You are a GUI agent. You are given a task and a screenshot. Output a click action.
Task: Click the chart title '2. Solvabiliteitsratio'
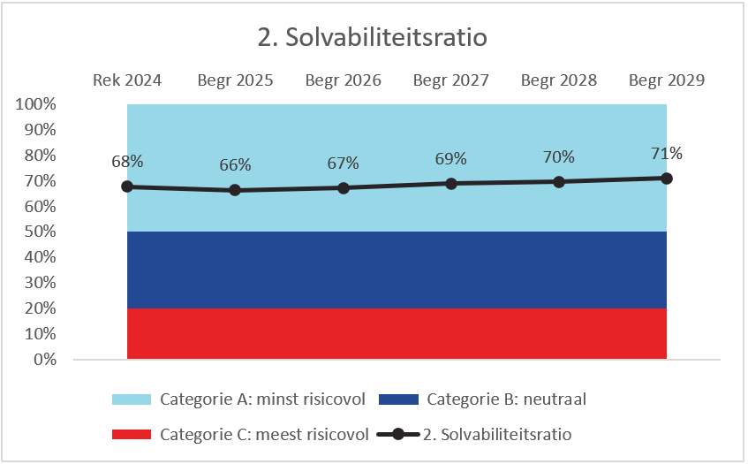pyautogui.click(x=374, y=39)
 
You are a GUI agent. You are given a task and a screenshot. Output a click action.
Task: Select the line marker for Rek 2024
pyautogui.click(x=127, y=186)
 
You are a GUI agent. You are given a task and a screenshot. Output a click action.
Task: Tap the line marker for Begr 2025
pyautogui.click(x=235, y=190)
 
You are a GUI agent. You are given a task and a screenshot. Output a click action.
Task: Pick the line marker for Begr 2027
pyautogui.click(x=450, y=184)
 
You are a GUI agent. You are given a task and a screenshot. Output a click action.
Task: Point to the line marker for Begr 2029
pyautogui.click(x=667, y=179)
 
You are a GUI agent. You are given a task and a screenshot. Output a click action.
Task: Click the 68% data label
pyautogui.click(x=127, y=162)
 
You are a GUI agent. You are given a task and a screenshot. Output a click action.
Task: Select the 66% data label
pyautogui.click(x=235, y=165)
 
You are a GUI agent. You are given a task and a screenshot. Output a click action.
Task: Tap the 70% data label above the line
pyautogui.click(x=558, y=157)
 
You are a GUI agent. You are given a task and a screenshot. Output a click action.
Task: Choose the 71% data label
pyautogui.click(x=666, y=153)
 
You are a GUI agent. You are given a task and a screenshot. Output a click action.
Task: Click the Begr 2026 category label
pyautogui.click(x=343, y=80)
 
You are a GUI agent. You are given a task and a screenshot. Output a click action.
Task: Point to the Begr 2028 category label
pyautogui.click(x=558, y=80)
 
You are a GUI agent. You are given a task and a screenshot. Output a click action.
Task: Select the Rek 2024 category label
pyautogui.click(x=127, y=80)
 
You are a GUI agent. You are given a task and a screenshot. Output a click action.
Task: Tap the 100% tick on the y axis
pyautogui.click(x=36, y=104)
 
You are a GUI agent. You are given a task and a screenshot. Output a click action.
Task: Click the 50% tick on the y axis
pyautogui.click(x=40, y=232)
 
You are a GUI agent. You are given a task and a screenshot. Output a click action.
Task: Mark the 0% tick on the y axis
pyautogui.click(x=44, y=360)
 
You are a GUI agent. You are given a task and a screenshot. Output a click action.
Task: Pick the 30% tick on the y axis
pyautogui.click(x=40, y=283)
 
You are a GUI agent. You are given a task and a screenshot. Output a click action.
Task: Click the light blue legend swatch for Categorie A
pyautogui.click(x=132, y=399)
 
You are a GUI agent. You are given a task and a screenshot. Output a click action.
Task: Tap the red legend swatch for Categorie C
pyautogui.click(x=132, y=435)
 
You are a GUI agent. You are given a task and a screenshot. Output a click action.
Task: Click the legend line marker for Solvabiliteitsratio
pyautogui.click(x=398, y=435)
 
